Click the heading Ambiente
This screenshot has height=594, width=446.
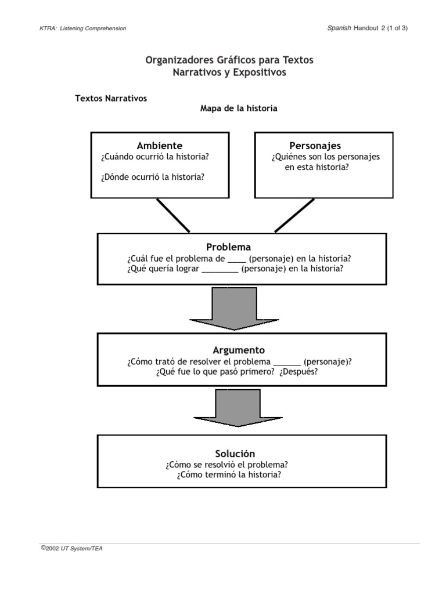coord(159,146)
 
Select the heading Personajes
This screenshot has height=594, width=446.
coord(315,146)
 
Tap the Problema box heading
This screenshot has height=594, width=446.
coord(228,247)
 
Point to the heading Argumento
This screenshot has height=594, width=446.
coord(239,350)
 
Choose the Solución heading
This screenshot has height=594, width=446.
coord(235,453)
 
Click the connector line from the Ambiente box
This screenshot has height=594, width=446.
coord(172,215)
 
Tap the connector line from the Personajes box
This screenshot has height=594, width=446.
coord(294,215)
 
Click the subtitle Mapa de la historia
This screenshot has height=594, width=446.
coord(239,108)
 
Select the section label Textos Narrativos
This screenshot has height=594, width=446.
coord(111,98)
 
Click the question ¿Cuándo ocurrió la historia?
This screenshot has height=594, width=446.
coord(154,157)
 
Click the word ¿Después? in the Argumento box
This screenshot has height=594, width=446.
coord(298,372)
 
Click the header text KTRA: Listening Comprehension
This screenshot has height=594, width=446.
coord(82,28)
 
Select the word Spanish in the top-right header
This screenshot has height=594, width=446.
coord(339,28)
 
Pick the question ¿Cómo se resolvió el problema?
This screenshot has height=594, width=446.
coord(228,465)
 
